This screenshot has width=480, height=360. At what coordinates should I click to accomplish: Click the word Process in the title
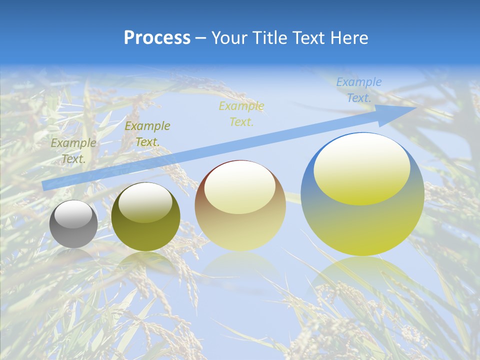[x=157, y=38]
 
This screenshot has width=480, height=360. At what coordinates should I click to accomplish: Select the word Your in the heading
[x=229, y=38]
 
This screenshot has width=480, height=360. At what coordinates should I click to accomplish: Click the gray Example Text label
[x=73, y=151]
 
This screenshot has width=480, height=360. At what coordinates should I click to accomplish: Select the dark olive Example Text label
[x=147, y=134]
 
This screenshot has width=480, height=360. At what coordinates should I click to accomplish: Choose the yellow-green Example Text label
[x=241, y=114]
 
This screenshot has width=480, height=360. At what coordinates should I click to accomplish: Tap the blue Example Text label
[x=358, y=90]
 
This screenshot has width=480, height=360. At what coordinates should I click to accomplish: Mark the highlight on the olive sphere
[x=145, y=202]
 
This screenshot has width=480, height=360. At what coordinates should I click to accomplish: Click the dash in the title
[x=201, y=38]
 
